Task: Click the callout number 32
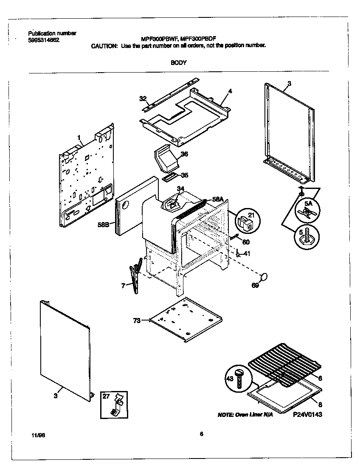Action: pos(143,98)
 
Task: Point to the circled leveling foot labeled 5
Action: pos(307,235)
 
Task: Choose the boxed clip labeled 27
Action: pos(114,403)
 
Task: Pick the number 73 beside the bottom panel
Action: pos(137,321)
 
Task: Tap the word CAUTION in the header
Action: pos(104,46)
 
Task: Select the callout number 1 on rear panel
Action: pos(79,137)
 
